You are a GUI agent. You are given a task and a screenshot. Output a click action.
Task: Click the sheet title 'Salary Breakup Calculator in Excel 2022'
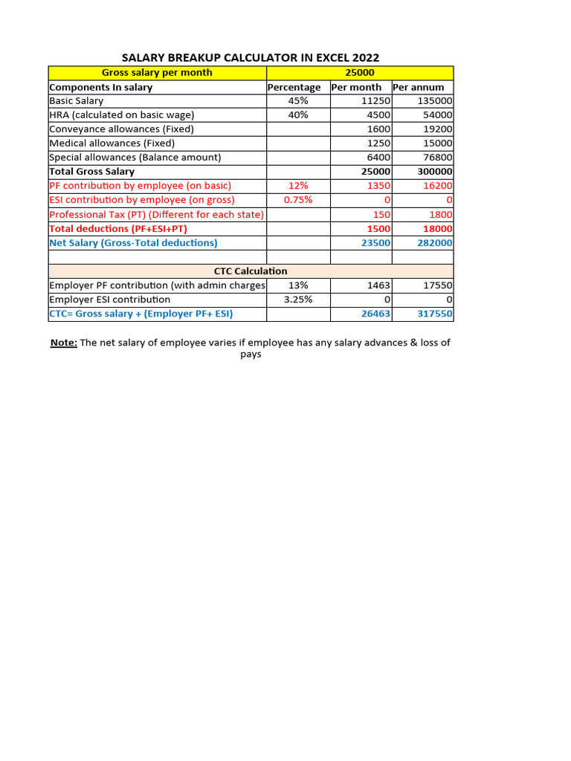point(251,58)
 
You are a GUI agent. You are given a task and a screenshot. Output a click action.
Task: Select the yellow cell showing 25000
point(360,73)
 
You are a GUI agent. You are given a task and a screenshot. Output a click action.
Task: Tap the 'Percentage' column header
point(294,87)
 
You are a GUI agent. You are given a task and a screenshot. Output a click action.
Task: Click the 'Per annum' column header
point(419,87)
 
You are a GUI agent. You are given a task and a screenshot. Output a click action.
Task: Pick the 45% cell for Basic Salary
point(297,101)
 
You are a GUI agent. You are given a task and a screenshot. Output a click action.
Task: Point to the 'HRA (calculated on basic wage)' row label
point(121,115)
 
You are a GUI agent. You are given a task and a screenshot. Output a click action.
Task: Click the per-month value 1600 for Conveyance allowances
point(378,129)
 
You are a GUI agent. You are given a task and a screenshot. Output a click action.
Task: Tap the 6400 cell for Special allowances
point(378,158)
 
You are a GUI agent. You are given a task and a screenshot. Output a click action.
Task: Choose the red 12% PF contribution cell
point(297,186)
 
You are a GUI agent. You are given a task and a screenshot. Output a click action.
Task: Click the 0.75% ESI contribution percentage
point(297,200)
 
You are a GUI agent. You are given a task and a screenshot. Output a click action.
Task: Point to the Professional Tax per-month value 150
point(381,215)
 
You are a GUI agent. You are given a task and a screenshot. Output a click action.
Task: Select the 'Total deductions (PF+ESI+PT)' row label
point(118,229)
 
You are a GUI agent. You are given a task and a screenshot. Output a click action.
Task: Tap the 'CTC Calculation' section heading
point(251,271)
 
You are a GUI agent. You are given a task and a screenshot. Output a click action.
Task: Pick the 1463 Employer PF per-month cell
point(378,285)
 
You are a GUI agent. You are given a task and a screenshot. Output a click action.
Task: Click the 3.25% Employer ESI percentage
point(297,299)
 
